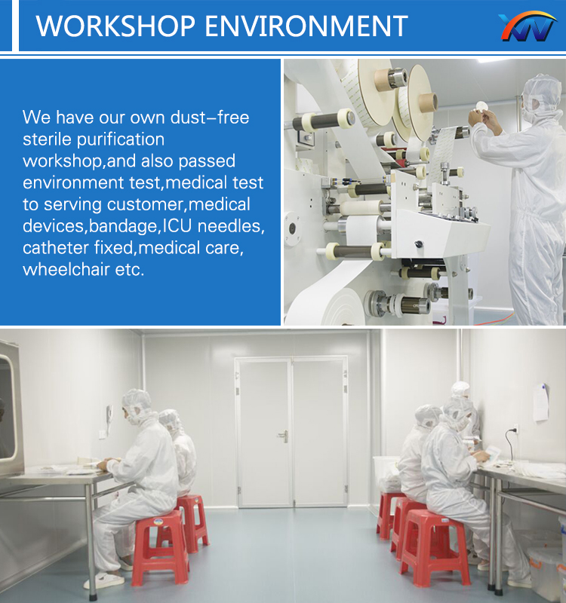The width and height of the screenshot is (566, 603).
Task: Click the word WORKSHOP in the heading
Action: point(115,26)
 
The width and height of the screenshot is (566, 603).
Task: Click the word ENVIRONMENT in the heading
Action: point(306,26)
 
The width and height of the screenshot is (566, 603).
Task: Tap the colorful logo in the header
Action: point(527,26)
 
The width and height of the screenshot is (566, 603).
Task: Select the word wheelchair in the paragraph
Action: point(66,269)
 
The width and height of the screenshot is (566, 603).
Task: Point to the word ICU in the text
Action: point(177,225)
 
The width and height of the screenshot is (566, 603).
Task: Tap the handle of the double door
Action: point(284,436)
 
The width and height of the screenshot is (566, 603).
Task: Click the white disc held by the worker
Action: point(481,106)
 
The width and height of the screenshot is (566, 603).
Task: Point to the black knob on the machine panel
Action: point(419,243)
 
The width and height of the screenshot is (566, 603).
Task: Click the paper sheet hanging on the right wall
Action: point(540,402)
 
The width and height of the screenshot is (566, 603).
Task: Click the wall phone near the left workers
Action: point(109,418)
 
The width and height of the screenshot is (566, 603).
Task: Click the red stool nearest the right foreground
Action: point(435,545)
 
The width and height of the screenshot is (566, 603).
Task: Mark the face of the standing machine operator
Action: point(529,106)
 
